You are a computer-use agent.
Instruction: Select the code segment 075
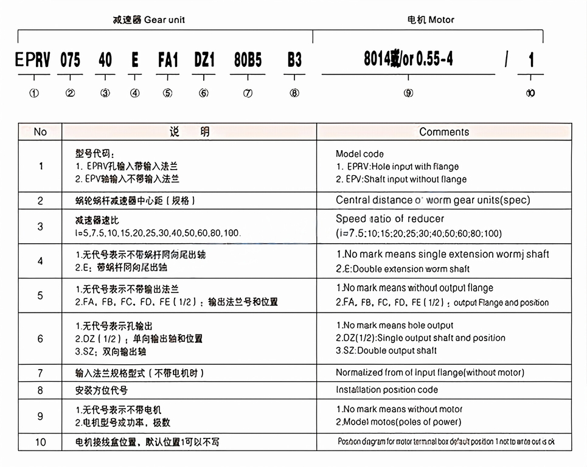click(70, 60)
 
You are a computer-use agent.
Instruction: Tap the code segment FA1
click(168, 60)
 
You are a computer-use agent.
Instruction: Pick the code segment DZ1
click(204, 60)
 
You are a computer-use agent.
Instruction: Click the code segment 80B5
click(248, 60)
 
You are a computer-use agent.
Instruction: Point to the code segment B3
click(294, 60)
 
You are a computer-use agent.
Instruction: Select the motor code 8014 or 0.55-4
click(408, 58)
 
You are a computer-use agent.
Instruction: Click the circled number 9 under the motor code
click(408, 93)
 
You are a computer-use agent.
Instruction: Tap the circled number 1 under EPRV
click(34, 93)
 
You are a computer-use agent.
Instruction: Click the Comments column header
click(444, 132)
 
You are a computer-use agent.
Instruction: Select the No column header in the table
click(40, 132)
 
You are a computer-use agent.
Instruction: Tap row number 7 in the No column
click(40, 373)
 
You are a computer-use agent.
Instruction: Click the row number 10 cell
click(40, 441)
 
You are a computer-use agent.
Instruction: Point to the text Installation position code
click(387, 390)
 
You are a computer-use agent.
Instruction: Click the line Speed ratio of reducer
click(390, 219)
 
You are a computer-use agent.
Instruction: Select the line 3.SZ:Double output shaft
click(386, 350)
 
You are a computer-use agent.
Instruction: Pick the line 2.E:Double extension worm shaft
click(403, 269)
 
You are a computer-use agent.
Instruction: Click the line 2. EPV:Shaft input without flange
click(401, 179)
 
